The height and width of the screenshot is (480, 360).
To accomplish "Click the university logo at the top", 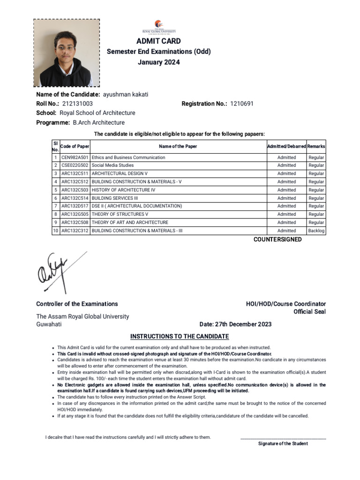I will point(158,28).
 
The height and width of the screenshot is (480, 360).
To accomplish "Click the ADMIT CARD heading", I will point(158,41).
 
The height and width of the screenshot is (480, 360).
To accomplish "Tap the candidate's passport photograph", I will point(66,53).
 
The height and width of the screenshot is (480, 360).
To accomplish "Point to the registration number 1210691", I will point(241,104).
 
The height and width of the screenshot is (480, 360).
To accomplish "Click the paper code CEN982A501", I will point(75,157).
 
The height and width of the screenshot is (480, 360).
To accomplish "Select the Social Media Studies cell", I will point(112,165).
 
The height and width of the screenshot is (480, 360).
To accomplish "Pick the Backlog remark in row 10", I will point(316,231).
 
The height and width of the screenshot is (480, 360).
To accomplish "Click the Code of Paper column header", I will point(75,146).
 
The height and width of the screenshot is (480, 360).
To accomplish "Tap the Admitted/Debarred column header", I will point(286,146).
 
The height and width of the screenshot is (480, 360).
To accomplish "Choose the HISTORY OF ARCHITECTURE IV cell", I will point(123,190).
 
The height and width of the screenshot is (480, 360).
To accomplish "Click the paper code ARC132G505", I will point(75,214).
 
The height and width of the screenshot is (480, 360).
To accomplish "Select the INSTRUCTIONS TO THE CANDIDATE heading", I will point(180,337).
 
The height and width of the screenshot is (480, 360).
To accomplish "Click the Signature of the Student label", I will point(283,443).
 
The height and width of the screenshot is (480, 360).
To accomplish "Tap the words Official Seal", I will point(309,312).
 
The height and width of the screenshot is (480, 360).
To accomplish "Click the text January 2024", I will point(158,62).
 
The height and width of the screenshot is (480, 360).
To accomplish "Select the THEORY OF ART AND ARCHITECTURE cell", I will point(130,222).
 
